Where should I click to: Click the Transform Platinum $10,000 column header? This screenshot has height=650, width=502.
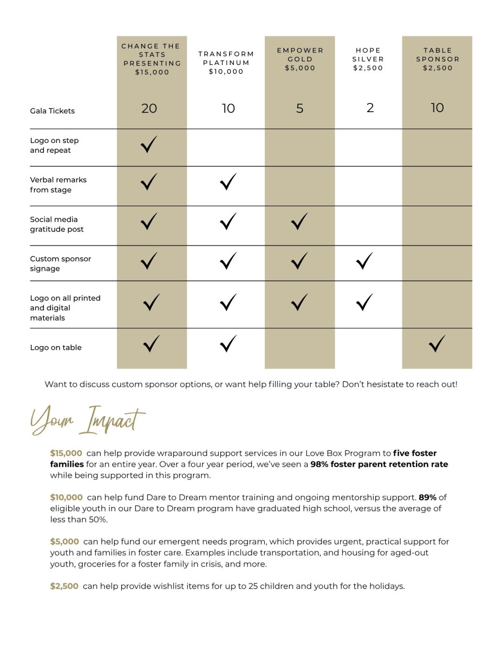[226, 63]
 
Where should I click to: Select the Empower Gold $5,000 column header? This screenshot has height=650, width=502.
[300, 59]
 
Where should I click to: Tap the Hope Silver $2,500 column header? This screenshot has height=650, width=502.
[368, 59]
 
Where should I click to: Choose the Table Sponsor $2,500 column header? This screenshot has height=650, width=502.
[438, 59]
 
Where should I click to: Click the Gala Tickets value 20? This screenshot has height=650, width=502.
[149, 108]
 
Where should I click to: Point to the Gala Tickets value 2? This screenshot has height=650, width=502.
[370, 108]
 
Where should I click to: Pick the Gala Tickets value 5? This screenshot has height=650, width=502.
[299, 108]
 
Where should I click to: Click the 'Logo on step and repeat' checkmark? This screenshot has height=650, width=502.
[149, 145]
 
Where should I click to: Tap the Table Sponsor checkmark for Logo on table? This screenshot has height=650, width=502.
[437, 343]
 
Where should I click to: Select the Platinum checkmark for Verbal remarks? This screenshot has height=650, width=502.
[229, 182]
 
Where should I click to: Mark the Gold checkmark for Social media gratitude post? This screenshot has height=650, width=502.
[299, 222]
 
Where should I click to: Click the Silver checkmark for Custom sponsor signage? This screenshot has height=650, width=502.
[365, 261]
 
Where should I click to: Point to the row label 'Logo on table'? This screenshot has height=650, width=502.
[56, 348]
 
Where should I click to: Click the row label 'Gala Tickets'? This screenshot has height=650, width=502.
[53, 111]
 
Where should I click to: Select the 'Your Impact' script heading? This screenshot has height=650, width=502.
[88, 421]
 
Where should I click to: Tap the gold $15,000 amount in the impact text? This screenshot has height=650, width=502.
[66, 453]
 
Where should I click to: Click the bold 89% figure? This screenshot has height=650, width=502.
[427, 497]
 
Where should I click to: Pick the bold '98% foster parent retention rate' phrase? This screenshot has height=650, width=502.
[379, 465]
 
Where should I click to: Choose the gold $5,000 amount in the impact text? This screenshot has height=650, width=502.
[64, 542]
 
